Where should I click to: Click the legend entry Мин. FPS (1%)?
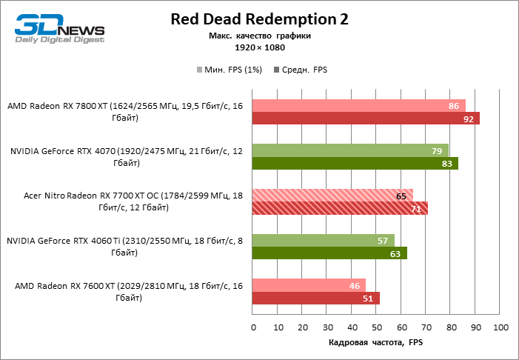click(230, 70)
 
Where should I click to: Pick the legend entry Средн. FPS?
click(301, 70)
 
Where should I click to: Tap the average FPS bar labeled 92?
click(366, 119)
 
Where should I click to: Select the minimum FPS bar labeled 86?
click(358, 106)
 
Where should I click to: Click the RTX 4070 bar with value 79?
click(350, 150)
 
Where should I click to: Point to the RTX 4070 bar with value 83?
click(355, 164)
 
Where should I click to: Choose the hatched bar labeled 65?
click(332, 196)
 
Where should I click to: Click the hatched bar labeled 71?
click(340, 208)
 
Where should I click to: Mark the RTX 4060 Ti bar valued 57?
click(323, 240)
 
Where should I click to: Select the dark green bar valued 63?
click(329, 253)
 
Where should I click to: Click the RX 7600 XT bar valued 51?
click(315, 298)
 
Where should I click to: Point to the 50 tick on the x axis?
click(377, 327)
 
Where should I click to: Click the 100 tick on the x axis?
click(500, 327)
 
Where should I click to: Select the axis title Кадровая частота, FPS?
click(375, 343)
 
